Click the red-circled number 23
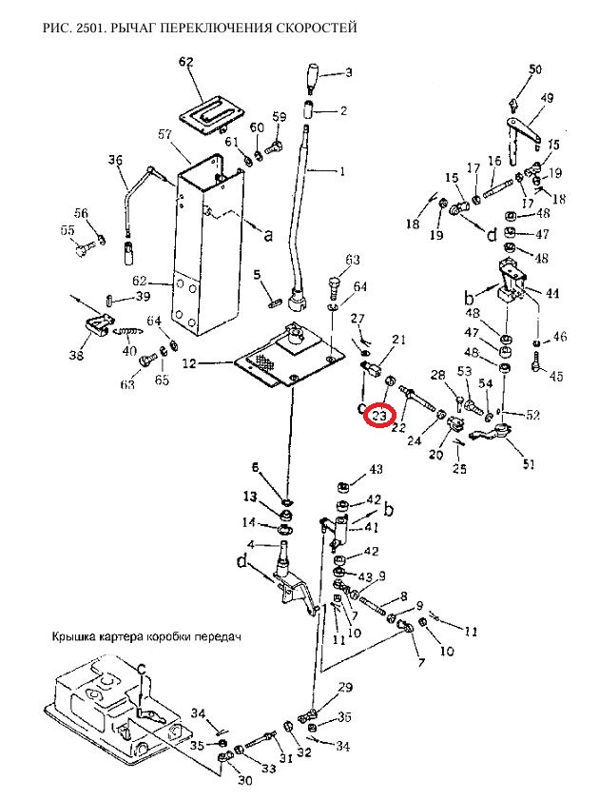[x=380, y=416]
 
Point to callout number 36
[x=115, y=161]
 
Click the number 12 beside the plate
[x=189, y=363]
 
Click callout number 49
[x=547, y=99]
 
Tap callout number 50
[x=535, y=69]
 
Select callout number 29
[x=344, y=687]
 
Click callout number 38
[x=76, y=356]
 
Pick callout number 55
[x=67, y=231]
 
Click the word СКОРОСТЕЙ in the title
[x=315, y=29]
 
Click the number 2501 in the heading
[x=90, y=29]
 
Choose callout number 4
[x=251, y=544]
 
